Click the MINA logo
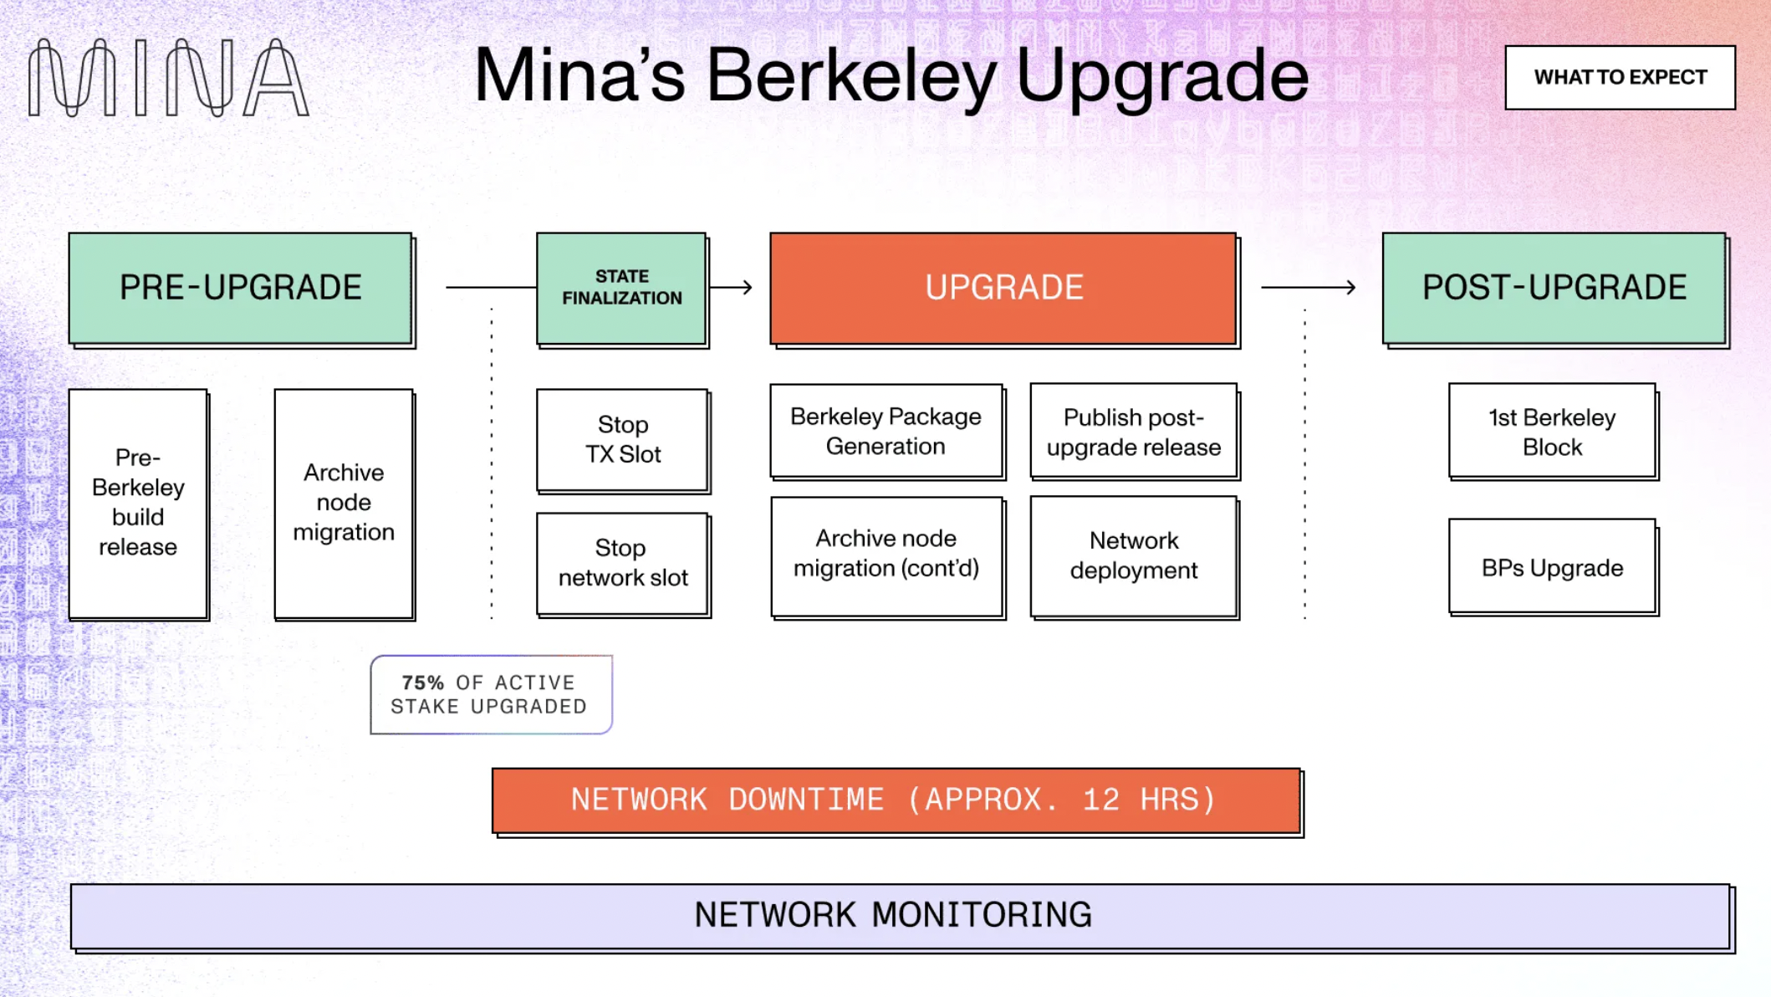pyautogui.click(x=168, y=78)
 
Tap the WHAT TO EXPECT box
pyautogui.click(x=1620, y=78)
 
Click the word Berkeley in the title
pyautogui.click(x=851, y=77)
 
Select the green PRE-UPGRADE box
pyautogui.click(x=241, y=288)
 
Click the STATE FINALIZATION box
pyautogui.click(x=622, y=288)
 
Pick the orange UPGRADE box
pyautogui.click(x=1003, y=288)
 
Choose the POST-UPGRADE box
pyautogui.click(x=1554, y=288)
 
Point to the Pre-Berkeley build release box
pyautogui.click(x=138, y=503)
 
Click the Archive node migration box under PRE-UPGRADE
pyautogui.click(x=344, y=503)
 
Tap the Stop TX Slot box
pyautogui.click(x=623, y=440)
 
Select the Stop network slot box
pyautogui.click(x=623, y=563)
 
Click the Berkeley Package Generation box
pyautogui.click(x=886, y=431)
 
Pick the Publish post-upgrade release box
pyautogui.click(x=1134, y=432)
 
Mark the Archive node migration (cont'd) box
pyautogui.click(x=886, y=555)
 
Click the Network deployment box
pyautogui.click(x=1134, y=555)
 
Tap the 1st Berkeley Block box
pyautogui.click(x=1552, y=432)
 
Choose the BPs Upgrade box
pyautogui.click(x=1552, y=568)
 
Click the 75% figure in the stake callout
pyautogui.click(x=423, y=683)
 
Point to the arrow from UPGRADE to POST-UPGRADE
pyautogui.click(x=1309, y=288)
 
